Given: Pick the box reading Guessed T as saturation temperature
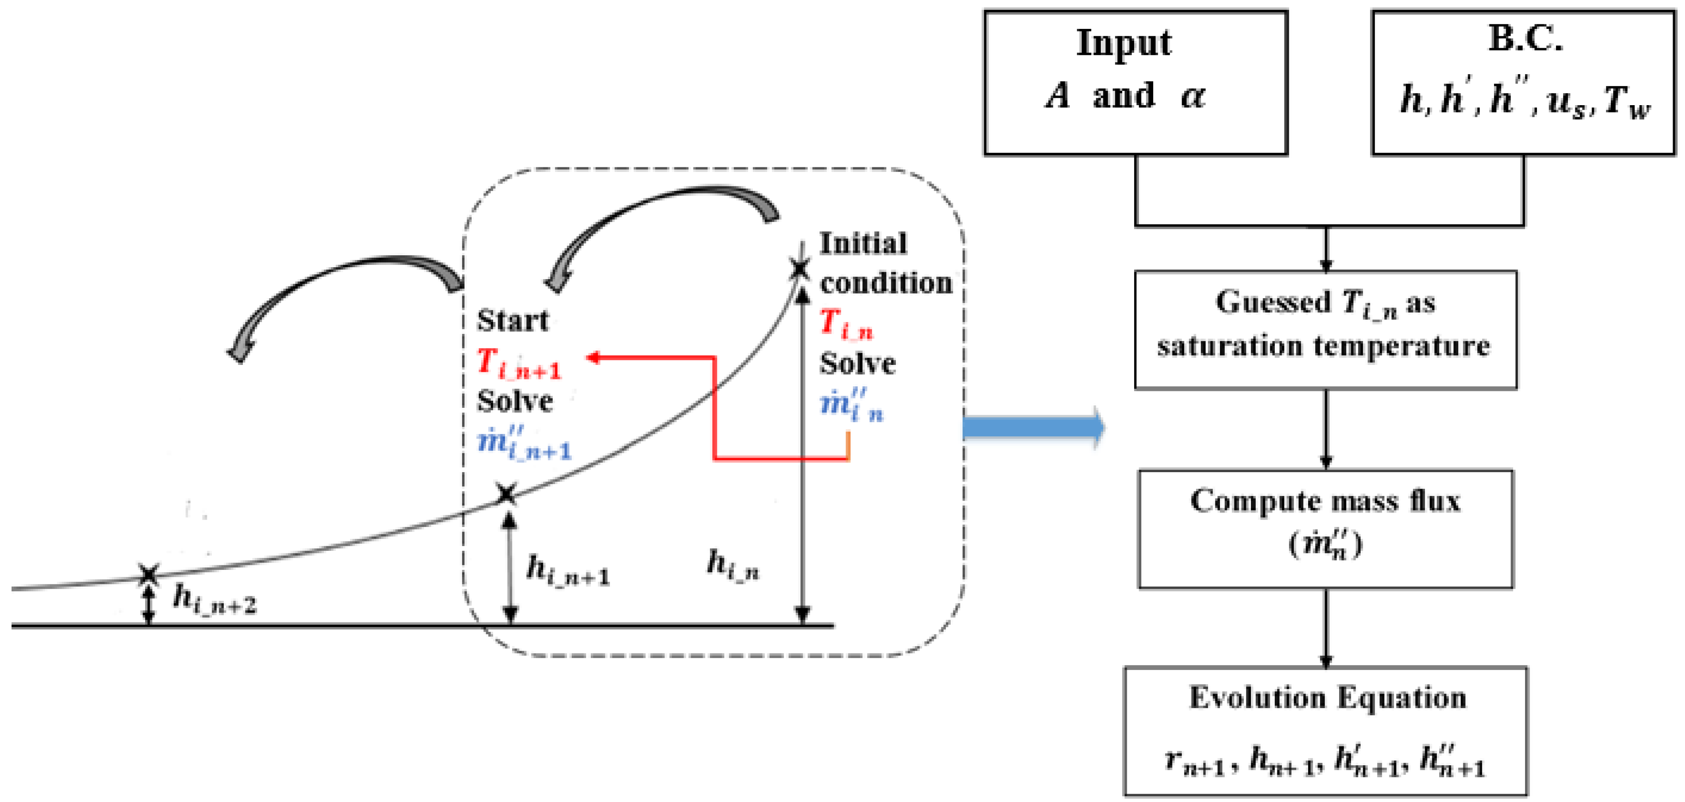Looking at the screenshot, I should [1325, 330].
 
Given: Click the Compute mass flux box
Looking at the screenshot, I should [1325, 529].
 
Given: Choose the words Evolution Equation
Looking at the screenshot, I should [1327, 698].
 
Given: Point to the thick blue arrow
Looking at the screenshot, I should [1034, 428].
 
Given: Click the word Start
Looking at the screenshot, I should [512, 320].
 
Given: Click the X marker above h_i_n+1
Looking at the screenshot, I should [505, 494].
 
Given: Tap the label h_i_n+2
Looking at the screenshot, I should [214, 600].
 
